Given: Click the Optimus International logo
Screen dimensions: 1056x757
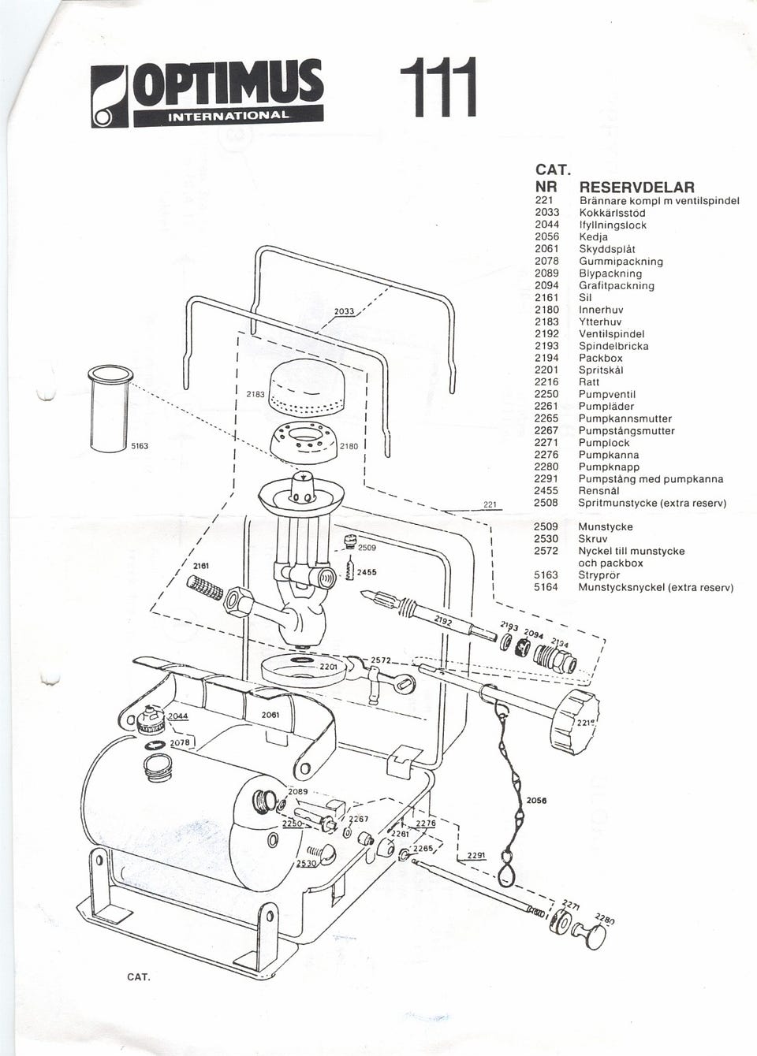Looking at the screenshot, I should click(207, 93).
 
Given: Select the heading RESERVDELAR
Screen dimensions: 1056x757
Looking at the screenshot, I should click(636, 188).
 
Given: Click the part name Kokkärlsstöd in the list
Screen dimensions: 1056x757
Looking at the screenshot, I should click(612, 213).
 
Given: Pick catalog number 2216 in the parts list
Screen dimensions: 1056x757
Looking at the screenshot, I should click(546, 382).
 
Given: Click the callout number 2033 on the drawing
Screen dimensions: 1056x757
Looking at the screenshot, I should click(344, 311).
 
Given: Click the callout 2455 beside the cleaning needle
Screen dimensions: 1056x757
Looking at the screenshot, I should click(367, 573).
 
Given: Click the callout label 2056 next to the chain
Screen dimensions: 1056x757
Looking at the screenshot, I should click(536, 800).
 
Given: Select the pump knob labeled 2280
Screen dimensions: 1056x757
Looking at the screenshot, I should click(592, 935).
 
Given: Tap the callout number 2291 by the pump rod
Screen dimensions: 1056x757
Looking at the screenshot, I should click(476, 855).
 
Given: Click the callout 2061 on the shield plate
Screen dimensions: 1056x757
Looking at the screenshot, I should click(270, 714).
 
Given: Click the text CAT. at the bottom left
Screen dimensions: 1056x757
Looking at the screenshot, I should click(139, 976).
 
